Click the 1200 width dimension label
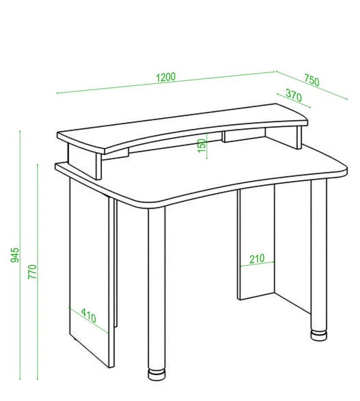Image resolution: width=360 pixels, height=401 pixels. pos(166,77)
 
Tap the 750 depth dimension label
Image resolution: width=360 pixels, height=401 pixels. pos(312,80)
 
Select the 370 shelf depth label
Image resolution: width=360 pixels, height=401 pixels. pos(294,95)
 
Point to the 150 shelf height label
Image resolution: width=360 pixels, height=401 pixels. pos(202,146)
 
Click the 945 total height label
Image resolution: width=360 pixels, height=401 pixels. pos(15,255)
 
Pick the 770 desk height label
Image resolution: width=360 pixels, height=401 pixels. pos(32,272)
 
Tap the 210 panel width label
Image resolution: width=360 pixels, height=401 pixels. pos(257,258)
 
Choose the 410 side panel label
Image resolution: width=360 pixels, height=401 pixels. pos(89,315)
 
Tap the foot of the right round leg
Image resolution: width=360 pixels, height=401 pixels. pos(319,335)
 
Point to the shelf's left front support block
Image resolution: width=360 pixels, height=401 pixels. pos(84,161)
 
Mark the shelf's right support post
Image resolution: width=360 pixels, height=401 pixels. pos(299,137)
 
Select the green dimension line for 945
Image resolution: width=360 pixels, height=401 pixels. pos(20,255)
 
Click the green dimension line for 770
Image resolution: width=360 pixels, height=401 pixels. pos(38,272)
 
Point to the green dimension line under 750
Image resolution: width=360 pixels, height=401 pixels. pos(312,85)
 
